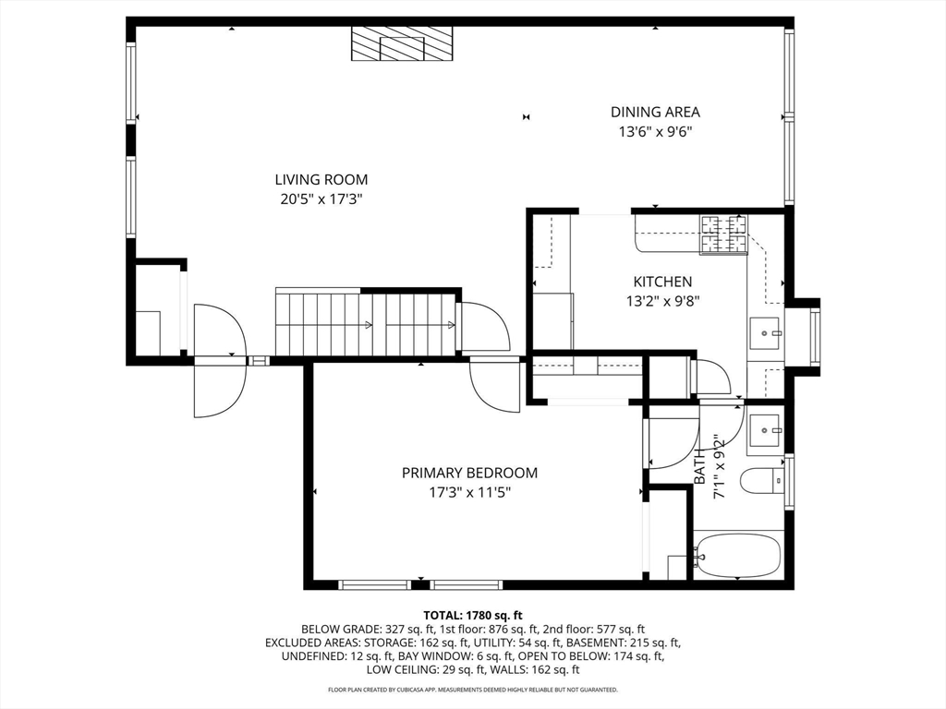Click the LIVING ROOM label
pyautogui.click(x=321, y=180)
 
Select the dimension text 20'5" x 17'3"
pyautogui.click(x=321, y=198)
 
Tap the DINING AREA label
pyautogui.click(x=655, y=113)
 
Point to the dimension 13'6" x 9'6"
pyautogui.click(x=655, y=131)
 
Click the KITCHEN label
pyautogui.click(x=661, y=282)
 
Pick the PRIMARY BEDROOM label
pyautogui.click(x=469, y=473)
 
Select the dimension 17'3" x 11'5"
pyautogui.click(x=469, y=492)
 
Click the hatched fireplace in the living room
pyautogui.click(x=403, y=43)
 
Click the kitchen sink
pyautogui.click(x=765, y=333)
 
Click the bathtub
pyautogui.click(x=737, y=555)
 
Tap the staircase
pyautogui.click(x=367, y=323)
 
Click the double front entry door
pyautogui.click(x=220, y=360)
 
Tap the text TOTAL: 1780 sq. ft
pyautogui.click(x=473, y=615)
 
